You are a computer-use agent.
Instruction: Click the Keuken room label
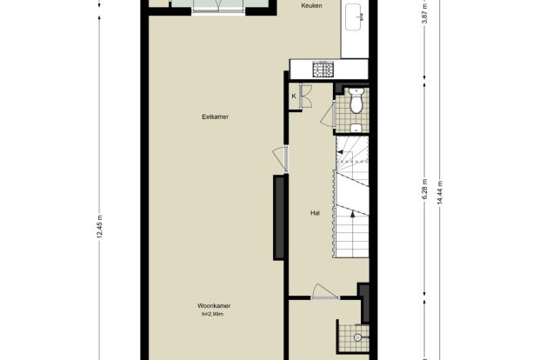pyautogui.click(x=311, y=5)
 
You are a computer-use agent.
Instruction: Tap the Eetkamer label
pyautogui.click(x=216, y=117)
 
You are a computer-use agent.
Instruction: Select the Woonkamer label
pyautogui.click(x=214, y=306)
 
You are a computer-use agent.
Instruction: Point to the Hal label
pyautogui.click(x=315, y=213)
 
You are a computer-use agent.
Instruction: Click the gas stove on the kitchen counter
pyautogui.click(x=323, y=69)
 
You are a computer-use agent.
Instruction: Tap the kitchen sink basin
pyautogui.click(x=354, y=17)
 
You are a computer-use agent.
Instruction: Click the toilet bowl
pyautogui.click(x=356, y=102)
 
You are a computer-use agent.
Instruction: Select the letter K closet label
pyautogui.click(x=294, y=97)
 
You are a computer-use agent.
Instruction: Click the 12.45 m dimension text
pyautogui.click(x=99, y=226)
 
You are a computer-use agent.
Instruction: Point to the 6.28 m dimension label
pyautogui.click(x=425, y=189)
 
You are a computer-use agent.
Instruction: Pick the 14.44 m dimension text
pyautogui.click(x=440, y=192)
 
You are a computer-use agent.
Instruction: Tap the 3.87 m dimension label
pyautogui.click(x=425, y=13)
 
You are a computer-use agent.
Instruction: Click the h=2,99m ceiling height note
pyautogui.click(x=212, y=314)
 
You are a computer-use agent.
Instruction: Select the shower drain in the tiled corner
pyautogui.click(x=357, y=337)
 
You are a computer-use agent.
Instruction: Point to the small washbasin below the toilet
pyautogui.click(x=356, y=128)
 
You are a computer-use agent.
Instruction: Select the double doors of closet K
pyautogui.click(x=305, y=97)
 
